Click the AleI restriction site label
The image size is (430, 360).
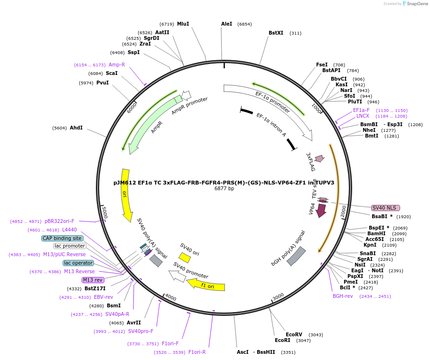tap(227, 24)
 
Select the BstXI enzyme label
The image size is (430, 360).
tap(276, 33)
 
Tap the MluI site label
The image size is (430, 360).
tap(183, 24)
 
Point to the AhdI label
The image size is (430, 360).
tap(76, 128)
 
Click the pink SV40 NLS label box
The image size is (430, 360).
tap(385, 208)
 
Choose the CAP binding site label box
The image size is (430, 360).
tap(62, 238)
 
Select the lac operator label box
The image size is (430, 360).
tap(78, 263)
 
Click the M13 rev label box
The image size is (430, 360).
tap(93, 280)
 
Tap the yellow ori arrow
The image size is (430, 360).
tap(126, 195)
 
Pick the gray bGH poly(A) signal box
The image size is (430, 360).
tap(296, 256)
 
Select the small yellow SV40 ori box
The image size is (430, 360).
tap(185, 258)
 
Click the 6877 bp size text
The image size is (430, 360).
tap(224, 189)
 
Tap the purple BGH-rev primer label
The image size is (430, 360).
tap(343, 296)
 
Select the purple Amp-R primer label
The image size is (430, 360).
tap(117, 65)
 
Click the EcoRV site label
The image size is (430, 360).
tap(294, 334)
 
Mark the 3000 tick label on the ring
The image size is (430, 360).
tap(278, 296)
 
